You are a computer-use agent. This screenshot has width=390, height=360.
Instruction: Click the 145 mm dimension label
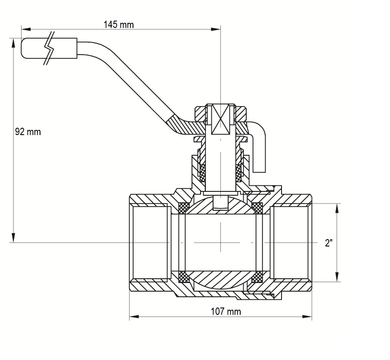119,25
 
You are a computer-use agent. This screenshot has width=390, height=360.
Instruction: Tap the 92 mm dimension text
28,132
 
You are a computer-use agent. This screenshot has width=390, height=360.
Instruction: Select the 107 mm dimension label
226,311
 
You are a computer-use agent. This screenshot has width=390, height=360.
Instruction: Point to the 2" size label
329,243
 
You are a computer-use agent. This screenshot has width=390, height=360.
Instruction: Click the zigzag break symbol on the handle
49,48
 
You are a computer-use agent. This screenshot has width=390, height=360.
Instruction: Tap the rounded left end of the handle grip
23,48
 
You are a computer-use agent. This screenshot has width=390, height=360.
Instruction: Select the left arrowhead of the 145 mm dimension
26,29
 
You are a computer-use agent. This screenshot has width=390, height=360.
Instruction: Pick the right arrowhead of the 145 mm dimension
216,29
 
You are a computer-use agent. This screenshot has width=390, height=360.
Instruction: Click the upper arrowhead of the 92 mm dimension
13,43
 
